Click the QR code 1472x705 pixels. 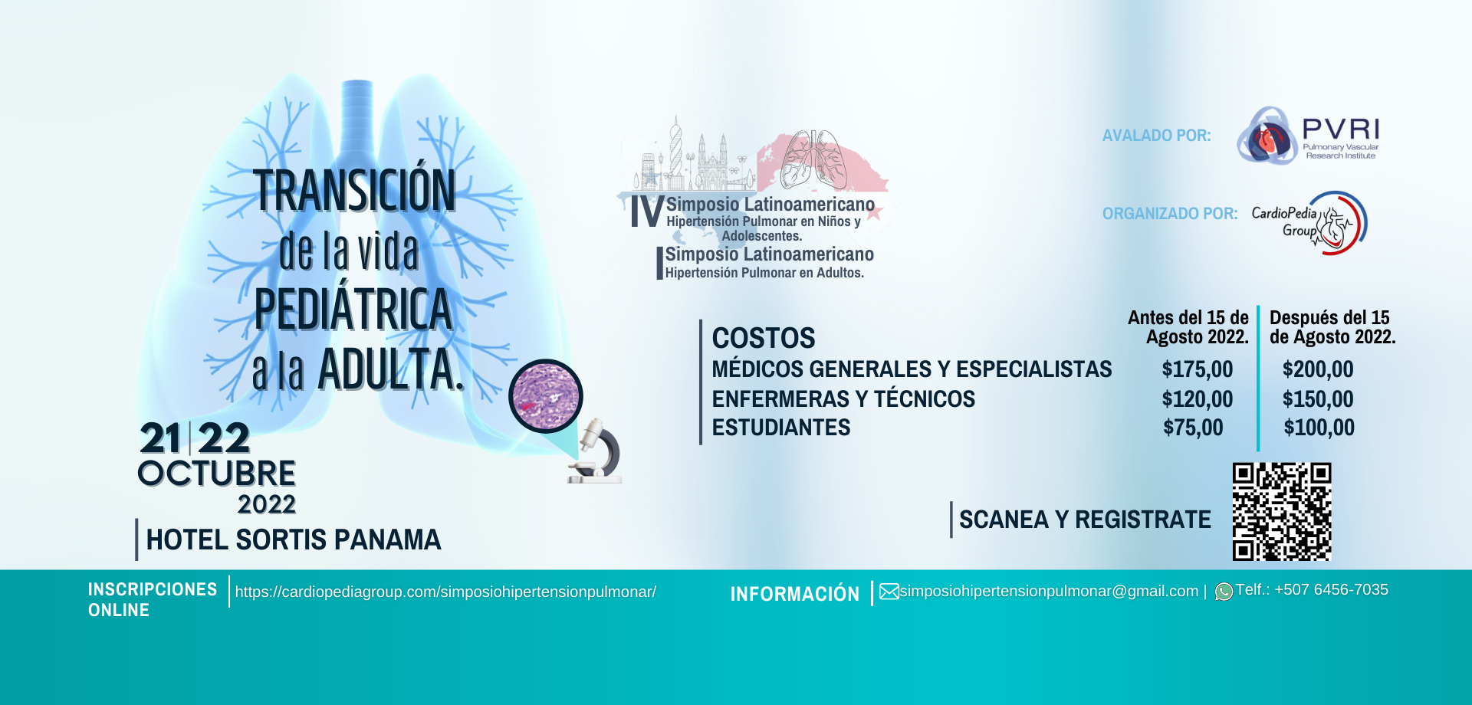tap(1282, 511)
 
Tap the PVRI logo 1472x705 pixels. tap(1308, 136)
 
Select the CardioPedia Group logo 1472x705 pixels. tap(1309, 223)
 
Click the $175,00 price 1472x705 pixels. tap(1198, 369)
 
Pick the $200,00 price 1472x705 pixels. tap(1318, 369)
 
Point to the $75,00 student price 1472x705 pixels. tap(1193, 428)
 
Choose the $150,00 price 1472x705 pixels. tap(1318, 399)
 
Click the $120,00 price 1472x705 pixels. tap(1198, 399)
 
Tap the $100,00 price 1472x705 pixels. tap(1319, 428)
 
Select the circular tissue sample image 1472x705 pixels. tap(546, 396)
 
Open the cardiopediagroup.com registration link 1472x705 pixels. tap(445, 592)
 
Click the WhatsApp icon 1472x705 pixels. tap(1224, 592)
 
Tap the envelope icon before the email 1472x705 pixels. tap(889, 592)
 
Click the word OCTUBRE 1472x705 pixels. tap(217, 474)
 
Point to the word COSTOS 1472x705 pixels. tap(764, 338)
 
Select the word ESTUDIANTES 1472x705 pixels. tap(781, 428)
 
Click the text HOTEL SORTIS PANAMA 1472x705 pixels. tap(294, 539)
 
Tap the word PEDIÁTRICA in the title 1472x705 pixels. tap(353, 309)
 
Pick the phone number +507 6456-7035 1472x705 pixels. tap(1331, 590)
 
